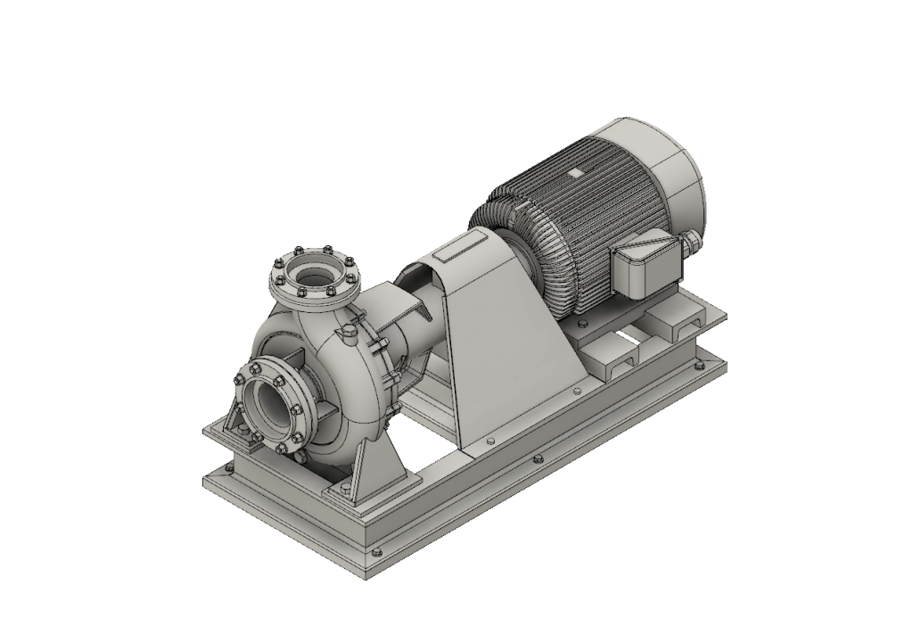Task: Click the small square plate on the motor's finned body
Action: (576, 171)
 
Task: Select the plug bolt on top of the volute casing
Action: (345, 334)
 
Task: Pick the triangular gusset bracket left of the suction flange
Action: (237, 419)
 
